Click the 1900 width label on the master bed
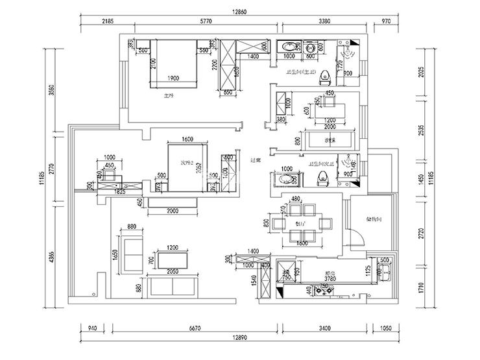point(173,78)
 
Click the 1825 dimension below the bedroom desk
point(121,193)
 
